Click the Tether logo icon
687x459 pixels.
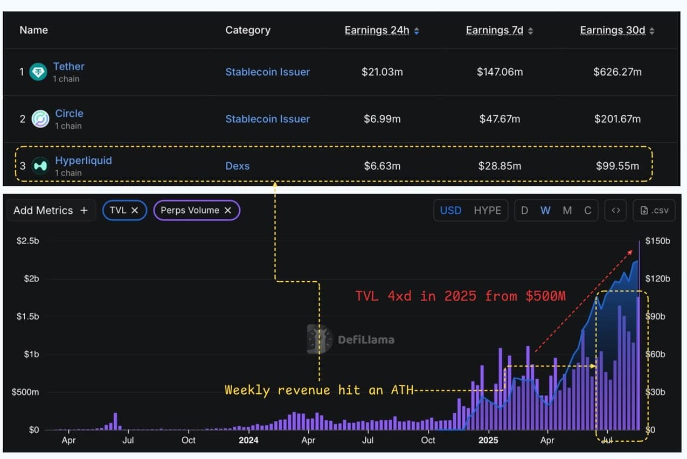pyautogui.click(x=38, y=72)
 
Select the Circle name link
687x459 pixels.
pyautogui.click(x=69, y=114)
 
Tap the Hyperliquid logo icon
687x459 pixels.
pyautogui.click(x=40, y=166)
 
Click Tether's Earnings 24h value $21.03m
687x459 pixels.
pyautogui.click(x=382, y=72)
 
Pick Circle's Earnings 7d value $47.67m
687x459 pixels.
pyautogui.click(x=499, y=119)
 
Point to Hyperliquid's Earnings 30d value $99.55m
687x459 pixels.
pyautogui.click(x=617, y=166)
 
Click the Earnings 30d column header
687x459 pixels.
pyautogui.click(x=613, y=30)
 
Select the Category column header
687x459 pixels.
pyautogui.click(x=248, y=30)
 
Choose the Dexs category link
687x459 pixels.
pyautogui.click(x=237, y=166)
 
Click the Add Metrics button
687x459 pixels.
pyautogui.click(x=50, y=210)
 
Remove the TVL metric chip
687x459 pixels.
pyautogui.click(x=135, y=210)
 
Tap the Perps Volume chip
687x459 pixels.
pyautogui.click(x=190, y=210)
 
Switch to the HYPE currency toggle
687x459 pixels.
pyautogui.click(x=487, y=210)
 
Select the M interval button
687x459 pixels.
pyautogui.click(x=567, y=210)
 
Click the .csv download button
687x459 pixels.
pyautogui.click(x=655, y=210)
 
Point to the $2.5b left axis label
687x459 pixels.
pyautogui.click(x=27, y=241)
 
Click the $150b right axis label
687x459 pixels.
pyautogui.click(x=657, y=241)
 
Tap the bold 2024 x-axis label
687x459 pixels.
pyautogui.click(x=248, y=440)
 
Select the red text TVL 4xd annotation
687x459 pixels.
pyautogui.click(x=460, y=296)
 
